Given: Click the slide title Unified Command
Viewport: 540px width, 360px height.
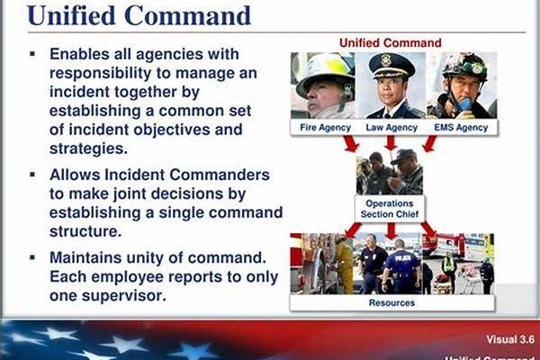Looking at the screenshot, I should coord(139,16).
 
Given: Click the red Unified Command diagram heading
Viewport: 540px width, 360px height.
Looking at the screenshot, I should coord(390,42).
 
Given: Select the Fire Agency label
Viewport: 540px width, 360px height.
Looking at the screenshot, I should coord(324,128).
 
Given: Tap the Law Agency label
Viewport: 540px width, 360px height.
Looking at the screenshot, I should coord(391,128).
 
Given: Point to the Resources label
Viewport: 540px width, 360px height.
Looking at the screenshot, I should coord(391,303).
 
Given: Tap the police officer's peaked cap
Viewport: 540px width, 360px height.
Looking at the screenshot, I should coord(391,66).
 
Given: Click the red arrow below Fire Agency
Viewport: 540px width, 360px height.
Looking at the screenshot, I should coord(352,144).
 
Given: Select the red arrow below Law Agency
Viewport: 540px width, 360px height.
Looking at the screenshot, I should coord(391,144).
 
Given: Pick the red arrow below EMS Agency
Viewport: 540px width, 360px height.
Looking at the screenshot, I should coord(429,144).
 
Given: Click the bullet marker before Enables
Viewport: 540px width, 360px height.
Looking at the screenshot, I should coord(33,54).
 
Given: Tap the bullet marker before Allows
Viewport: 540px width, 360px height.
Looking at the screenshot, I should coord(33,174).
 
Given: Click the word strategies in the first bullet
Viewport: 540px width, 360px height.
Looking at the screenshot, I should coord(88,148).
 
